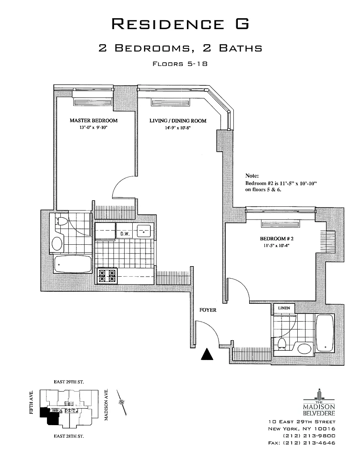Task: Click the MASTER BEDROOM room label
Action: pyautogui.click(x=93, y=121)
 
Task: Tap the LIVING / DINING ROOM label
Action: pyautogui.click(x=178, y=121)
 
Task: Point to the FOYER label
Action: pyautogui.click(x=208, y=310)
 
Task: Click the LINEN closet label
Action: pyautogui.click(x=284, y=308)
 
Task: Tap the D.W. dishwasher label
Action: pyautogui.click(x=125, y=234)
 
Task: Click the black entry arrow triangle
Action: pyautogui.click(x=207, y=354)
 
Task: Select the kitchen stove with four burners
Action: pyautogui.click(x=107, y=275)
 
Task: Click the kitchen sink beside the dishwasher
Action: pyautogui.click(x=144, y=231)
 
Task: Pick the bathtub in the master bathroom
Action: pyautogui.click(x=73, y=264)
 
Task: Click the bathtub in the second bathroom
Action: pyautogui.click(x=325, y=333)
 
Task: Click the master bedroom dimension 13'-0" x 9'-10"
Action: pyautogui.click(x=93, y=127)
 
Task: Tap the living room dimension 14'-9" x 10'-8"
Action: pyautogui.click(x=178, y=128)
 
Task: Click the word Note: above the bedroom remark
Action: pyautogui.click(x=252, y=176)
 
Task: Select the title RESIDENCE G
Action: pyautogui.click(x=180, y=24)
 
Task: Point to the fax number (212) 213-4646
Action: pyautogui.click(x=309, y=443)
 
